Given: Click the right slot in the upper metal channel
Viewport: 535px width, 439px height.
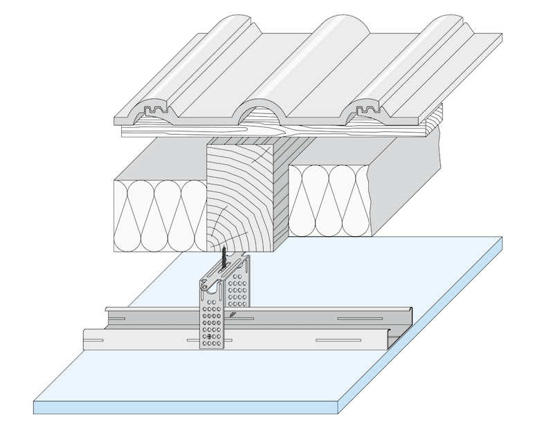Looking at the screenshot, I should pyautogui.click(x=359, y=318).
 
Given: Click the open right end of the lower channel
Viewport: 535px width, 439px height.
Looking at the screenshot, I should pyautogui.click(x=394, y=339).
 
